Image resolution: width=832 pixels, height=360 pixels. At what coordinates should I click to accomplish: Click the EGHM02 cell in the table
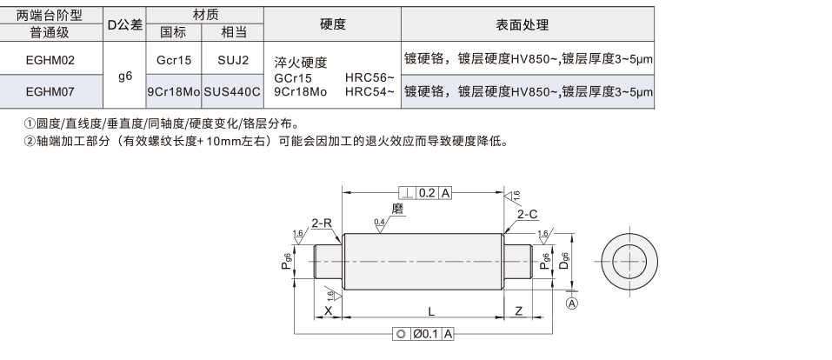(50, 60)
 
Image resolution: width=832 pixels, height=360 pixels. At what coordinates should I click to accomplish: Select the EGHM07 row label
(50, 92)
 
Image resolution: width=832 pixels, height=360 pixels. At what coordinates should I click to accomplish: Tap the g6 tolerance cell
(125, 76)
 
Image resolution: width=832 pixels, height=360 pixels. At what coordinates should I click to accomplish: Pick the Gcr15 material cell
(174, 60)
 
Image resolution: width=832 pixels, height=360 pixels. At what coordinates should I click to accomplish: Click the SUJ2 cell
(233, 60)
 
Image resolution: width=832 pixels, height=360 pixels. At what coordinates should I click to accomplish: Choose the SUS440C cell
(233, 92)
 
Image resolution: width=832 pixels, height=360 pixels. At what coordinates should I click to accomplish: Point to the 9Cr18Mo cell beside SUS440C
(174, 92)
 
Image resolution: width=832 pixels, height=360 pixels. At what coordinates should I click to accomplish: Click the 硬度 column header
(333, 23)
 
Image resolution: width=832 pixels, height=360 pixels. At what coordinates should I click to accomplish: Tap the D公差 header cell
(125, 24)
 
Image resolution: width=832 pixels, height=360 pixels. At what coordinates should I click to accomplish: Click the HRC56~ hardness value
(369, 77)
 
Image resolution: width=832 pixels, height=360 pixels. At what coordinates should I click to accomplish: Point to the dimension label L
(431, 311)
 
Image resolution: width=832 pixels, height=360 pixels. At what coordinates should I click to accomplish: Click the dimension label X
(328, 311)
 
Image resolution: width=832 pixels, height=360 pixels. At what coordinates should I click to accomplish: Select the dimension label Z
(519, 311)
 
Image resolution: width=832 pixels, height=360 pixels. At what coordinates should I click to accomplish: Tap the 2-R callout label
(322, 223)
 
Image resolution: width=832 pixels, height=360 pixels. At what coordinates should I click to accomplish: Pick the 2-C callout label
(528, 215)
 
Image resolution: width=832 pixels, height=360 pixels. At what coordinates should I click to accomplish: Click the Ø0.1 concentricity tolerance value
(427, 334)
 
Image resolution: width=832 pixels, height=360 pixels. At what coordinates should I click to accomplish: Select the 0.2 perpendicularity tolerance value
(427, 193)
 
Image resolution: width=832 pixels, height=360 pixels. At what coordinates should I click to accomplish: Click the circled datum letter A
(572, 303)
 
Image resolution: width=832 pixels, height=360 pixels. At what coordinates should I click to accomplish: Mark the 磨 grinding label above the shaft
(397, 209)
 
